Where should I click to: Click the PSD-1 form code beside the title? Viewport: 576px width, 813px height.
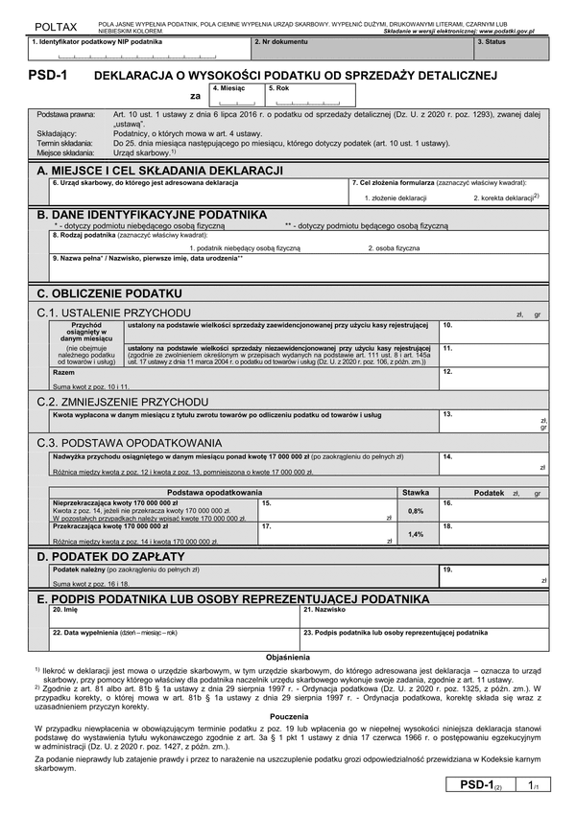(x=47, y=74)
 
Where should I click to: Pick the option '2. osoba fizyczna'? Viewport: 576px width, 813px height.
(x=394, y=247)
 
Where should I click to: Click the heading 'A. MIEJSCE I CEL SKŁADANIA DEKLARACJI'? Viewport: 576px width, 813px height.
(x=159, y=170)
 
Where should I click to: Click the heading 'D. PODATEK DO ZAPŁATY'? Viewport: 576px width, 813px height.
(x=110, y=556)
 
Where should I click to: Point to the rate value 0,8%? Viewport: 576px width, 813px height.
(x=416, y=511)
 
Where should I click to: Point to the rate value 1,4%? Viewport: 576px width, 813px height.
(x=416, y=534)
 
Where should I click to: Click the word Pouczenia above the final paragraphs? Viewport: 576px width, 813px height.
(x=289, y=716)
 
